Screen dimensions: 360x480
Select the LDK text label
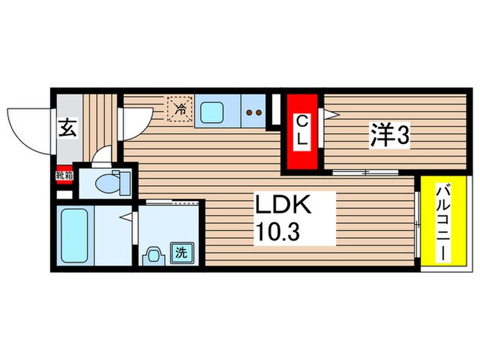[285, 206]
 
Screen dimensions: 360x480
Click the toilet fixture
[110, 182]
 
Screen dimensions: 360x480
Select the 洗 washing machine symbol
[182, 252]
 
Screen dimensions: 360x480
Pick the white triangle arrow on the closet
[328, 116]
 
